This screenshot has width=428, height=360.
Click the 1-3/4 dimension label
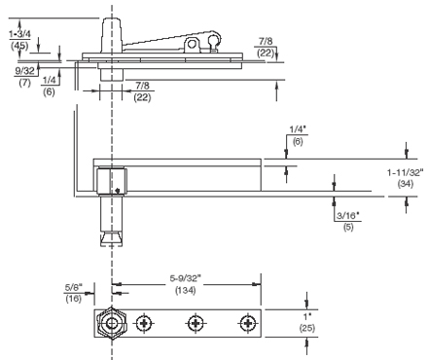pyautogui.click(x=19, y=34)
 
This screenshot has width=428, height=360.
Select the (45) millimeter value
pyautogui.click(x=19, y=46)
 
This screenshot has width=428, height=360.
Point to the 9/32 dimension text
pyautogui.click(x=24, y=71)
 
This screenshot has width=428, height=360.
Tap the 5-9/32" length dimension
pyautogui.click(x=186, y=278)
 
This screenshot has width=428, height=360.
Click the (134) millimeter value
pyautogui.click(x=186, y=290)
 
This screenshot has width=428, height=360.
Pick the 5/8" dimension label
pyautogui.click(x=74, y=287)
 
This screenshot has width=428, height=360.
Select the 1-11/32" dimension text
pyautogui.click(x=406, y=172)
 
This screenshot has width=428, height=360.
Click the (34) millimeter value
pyautogui.click(x=406, y=184)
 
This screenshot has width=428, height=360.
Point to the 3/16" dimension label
pyautogui.click(x=348, y=216)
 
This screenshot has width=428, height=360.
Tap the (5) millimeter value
pyautogui.click(x=348, y=227)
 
